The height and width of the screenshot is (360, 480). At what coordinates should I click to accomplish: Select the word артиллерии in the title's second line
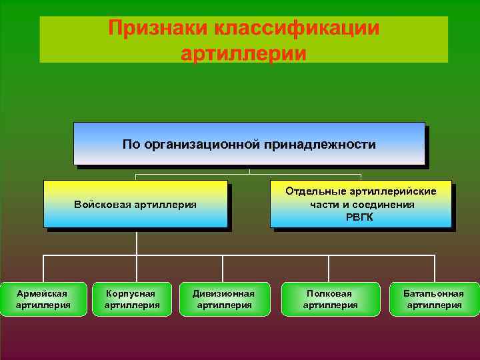coord(243,53)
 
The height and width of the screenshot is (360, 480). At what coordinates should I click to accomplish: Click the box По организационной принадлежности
coord(249,143)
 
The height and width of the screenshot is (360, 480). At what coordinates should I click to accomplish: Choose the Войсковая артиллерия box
coord(135,204)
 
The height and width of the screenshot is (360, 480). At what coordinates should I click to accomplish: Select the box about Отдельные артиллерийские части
coord(361,204)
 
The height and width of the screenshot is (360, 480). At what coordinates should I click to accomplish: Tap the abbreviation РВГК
coord(361,217)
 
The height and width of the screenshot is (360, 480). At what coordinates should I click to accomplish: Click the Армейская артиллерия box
coord(43,299)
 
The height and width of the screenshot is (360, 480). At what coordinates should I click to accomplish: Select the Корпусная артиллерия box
coord(132,299)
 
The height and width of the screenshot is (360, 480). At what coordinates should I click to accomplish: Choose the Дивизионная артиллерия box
coord(223,299)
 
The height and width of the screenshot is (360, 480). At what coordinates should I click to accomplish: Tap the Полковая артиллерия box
coord(330,299)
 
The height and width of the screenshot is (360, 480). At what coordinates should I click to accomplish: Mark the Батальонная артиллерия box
coord(434,299)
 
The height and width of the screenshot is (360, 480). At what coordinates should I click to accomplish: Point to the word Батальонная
coord(434,293)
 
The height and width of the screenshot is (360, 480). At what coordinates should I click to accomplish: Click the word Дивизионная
coord(223,293)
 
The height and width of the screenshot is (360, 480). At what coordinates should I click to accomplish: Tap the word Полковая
coord(330,293)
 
